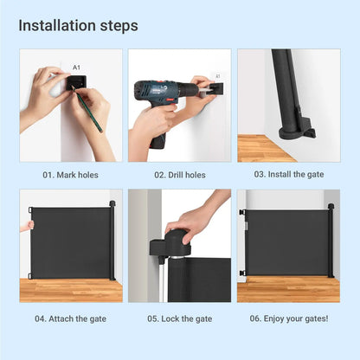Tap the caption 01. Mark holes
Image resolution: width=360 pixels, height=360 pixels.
point(71,175)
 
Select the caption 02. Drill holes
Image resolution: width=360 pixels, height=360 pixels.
point(180,175)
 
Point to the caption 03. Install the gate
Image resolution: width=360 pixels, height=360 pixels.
point(289,175)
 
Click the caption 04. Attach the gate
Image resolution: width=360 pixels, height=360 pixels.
point(71,318)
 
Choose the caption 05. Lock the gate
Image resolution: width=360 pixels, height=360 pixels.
point(180,318)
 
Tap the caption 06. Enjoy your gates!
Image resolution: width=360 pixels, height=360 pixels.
point(289,318)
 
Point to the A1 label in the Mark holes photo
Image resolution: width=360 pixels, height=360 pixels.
point(76,67)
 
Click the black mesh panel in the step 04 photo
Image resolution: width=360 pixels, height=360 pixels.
point(71,242)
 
